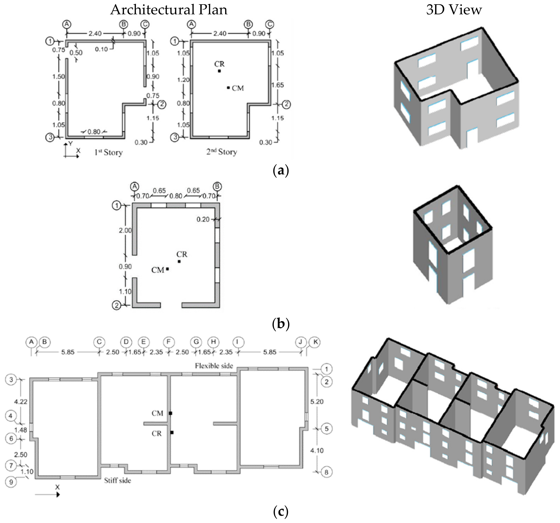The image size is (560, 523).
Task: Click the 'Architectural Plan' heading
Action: [168, 10]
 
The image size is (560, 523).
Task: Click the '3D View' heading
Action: [454, 10]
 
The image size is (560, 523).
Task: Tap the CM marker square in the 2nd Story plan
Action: [228, 88]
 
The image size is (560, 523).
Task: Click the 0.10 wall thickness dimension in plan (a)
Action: [101, 49]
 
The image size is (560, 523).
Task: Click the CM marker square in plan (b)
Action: [167, 269]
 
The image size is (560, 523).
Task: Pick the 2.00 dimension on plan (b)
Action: [125, 230]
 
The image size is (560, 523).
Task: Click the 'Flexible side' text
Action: [214, 366]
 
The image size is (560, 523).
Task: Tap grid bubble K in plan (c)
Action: [315, 342]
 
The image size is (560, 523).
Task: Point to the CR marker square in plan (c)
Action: [172, 432]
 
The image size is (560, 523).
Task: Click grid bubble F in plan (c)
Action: [168, 342]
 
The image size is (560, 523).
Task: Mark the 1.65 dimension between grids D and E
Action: [135, 352]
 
